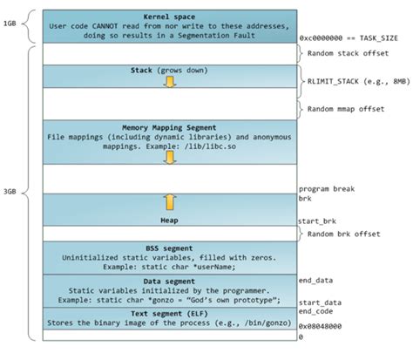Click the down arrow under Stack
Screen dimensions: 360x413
tap(170, 82)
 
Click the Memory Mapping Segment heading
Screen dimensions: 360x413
tap(170, 127)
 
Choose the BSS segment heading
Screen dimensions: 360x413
tap(170, 248)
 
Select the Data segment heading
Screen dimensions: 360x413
tap(170, 280)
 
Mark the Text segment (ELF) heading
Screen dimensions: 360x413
tap(170, 312)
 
